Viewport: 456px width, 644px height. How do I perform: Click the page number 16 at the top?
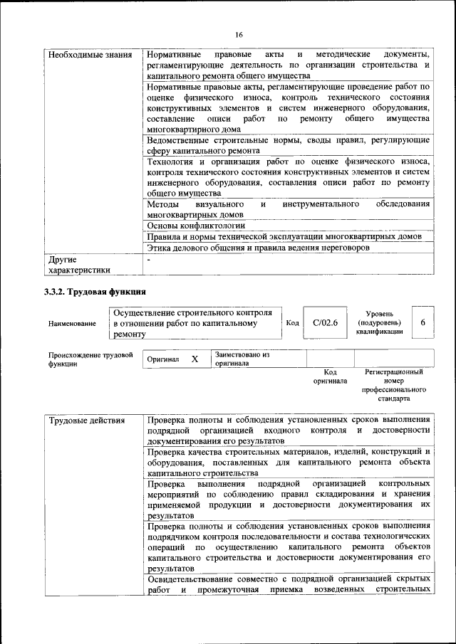(239, 35)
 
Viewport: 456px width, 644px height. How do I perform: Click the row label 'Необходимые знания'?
(81, 55)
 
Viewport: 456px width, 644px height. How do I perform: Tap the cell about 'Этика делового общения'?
(259, 248)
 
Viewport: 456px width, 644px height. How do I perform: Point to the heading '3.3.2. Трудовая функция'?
(95, 292)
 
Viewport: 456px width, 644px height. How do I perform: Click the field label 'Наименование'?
(72, 323)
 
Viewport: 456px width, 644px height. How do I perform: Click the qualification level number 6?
(423, 322)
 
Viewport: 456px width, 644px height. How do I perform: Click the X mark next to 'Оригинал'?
(194, 359)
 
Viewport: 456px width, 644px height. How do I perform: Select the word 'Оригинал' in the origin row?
(163, 360)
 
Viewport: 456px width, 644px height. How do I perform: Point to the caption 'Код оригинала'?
(330, 376)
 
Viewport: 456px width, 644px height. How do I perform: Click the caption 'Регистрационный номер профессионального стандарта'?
(393, 385)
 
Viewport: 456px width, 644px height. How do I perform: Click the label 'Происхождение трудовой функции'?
(90, 358)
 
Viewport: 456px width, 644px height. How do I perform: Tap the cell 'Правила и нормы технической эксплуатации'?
(284, 236)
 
